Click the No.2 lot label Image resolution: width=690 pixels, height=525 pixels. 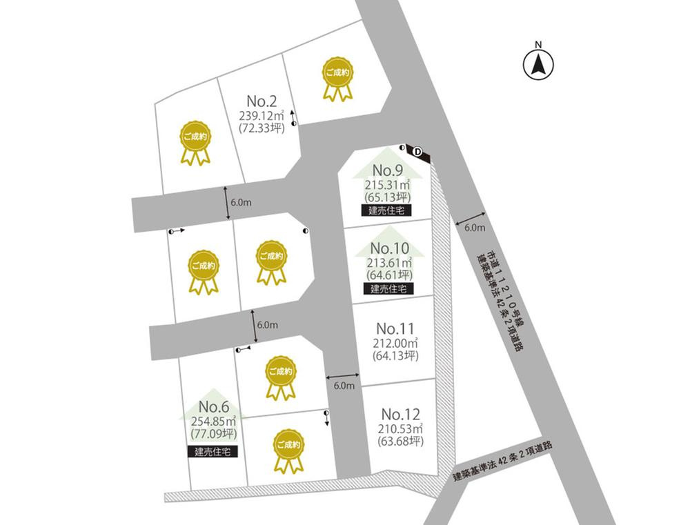click(x=262, y=100)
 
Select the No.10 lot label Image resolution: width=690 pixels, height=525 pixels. click(x=390, y=248)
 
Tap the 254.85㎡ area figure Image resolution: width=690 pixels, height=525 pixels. click(x=213, y=421)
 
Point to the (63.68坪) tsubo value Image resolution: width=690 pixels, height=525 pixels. click(x=401, y=441)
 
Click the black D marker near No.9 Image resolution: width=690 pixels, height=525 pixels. click(x=418, y=151)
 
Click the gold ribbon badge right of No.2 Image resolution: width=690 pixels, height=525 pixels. click(x=338, y=77)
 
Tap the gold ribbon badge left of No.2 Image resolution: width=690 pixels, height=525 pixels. click(x=195, y=143)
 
